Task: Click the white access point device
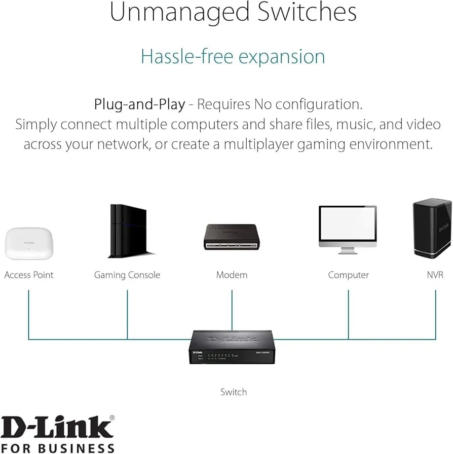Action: pos(28,244)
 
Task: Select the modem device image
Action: pos(232,237)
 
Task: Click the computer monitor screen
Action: pos(348,226)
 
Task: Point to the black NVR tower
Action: pos(432,228)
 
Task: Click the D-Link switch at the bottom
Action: pos(232,347)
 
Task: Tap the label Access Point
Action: pos(28,275)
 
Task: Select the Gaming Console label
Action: pos(127,275)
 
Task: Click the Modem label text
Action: pos(232,275)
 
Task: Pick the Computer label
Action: pos(348,275)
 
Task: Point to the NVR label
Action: pos(435,275)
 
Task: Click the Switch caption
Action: pos(234,392)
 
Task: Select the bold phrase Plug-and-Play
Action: pos(139,104)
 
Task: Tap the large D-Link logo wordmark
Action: pos(57,428)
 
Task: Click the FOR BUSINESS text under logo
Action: pos(58,448)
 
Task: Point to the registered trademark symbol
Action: pos(112,418)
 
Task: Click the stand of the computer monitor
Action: pos(348,250)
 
